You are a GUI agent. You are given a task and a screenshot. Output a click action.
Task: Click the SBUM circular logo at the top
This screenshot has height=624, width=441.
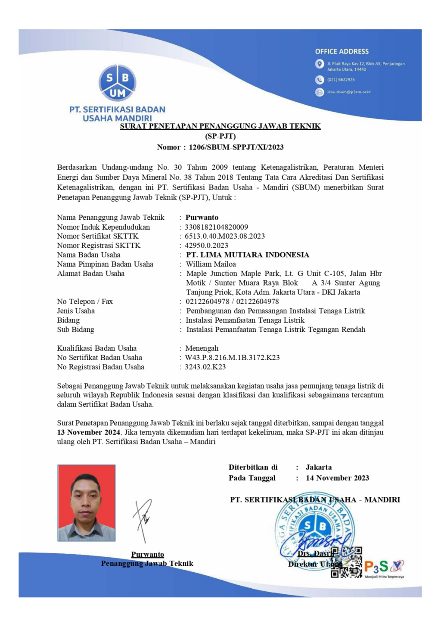tap(117, 83)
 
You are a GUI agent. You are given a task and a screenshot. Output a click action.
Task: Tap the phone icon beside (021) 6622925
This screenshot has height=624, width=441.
tap(319, 80)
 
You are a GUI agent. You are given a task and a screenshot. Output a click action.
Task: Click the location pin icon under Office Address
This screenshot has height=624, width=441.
tap(319, 64)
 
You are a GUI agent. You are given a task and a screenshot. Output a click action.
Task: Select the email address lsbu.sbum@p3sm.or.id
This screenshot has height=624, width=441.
tap(348, 92)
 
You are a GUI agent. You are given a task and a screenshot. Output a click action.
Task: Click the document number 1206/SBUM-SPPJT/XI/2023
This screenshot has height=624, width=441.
tap(236, 147)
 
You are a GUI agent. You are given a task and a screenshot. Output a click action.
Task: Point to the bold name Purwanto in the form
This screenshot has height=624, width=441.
tap(202, 218)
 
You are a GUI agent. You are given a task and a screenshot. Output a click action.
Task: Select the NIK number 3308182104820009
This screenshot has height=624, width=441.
tap(216, 227)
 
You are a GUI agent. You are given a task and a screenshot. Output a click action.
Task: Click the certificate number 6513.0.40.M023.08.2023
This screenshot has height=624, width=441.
tap(224, 236)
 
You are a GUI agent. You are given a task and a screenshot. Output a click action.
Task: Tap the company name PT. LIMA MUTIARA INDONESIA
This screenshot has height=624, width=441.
tap(247, 255)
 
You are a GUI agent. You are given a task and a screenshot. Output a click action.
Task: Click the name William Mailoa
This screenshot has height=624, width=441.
tap(211, 264)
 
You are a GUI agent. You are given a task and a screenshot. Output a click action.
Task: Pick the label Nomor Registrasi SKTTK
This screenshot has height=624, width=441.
tap(99, 246)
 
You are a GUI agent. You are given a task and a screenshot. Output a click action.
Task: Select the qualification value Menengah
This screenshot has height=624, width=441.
tap(202, 348)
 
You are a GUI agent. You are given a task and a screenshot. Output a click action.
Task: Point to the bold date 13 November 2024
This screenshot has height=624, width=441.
tap(88, 432)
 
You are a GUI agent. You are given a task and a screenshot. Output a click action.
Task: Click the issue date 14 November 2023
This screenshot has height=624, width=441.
tap(337, 478)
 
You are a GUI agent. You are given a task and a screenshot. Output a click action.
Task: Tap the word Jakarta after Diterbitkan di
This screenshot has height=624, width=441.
tap(318, 467)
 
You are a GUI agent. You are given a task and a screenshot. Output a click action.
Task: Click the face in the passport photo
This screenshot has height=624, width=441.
tap(86, 498)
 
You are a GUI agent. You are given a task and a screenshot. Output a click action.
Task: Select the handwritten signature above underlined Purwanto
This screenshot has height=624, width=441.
tap(143, 519)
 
